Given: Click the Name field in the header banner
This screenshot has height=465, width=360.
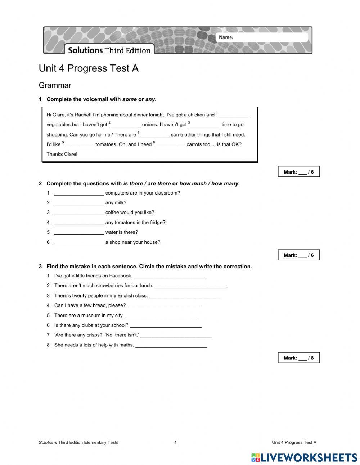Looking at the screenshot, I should coord(270,37).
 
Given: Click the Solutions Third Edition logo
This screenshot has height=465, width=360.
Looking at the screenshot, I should coord(109,50).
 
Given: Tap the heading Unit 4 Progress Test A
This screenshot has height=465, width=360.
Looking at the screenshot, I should coord(89,68).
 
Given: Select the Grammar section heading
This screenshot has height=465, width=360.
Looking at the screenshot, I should coord(55,85).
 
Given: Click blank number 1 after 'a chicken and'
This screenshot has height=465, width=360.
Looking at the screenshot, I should coord(233,115).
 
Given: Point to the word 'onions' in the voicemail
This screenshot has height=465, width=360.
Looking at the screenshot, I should coord(150,125).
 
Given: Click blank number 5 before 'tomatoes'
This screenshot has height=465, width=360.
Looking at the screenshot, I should coord(79,144).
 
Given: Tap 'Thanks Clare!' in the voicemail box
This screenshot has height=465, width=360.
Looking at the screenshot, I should coord(62,154).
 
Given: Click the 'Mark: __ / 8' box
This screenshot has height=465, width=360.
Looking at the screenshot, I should coord(298,358).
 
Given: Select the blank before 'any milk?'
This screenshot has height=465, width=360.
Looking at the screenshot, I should coord(79,203).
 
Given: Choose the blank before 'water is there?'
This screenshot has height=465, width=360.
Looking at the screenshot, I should coord(79,232).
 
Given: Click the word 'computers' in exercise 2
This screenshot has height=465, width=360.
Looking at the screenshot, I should coord(117,193).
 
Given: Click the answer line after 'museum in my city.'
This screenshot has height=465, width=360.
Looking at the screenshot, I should coord(161,316).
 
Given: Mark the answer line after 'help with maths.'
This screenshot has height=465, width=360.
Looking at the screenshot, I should coord(171,345).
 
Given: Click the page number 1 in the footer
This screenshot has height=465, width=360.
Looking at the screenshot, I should coord(176,442).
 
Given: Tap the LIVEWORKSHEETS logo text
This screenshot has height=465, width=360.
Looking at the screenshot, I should coord(309,457).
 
